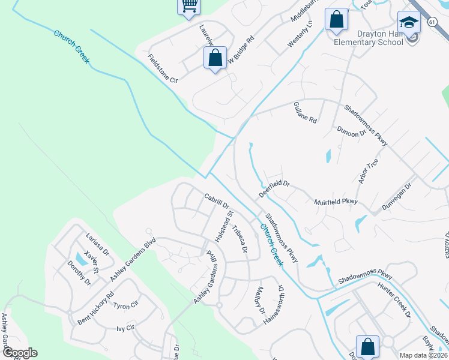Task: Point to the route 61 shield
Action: point(432,22)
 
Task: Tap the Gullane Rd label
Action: point(305,112)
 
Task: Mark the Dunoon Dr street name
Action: point(351,131)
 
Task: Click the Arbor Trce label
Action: point(368,172)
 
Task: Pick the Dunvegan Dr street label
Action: point(402,195)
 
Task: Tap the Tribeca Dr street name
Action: point(240,239)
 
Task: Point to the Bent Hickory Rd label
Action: point(95,308)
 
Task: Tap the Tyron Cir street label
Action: point(126,305)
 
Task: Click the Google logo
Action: point(19,353)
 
